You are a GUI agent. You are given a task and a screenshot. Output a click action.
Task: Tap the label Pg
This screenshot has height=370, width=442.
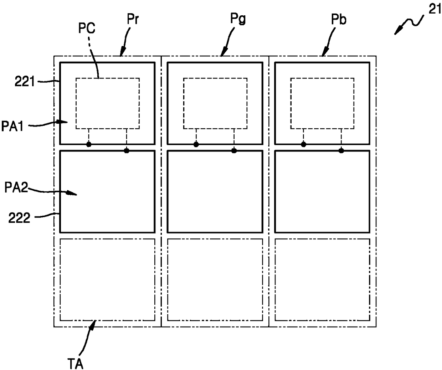238,18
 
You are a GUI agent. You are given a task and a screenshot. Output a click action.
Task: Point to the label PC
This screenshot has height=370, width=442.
87,28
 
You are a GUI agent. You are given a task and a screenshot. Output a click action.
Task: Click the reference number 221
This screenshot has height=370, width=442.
25,82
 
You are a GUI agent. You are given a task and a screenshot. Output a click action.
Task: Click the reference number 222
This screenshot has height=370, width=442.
20,217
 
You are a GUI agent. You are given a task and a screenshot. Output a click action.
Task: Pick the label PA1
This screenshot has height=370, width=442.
12,126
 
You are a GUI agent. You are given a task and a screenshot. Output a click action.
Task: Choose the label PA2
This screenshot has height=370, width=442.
16,187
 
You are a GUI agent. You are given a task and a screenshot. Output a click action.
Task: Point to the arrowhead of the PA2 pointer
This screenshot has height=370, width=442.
73,194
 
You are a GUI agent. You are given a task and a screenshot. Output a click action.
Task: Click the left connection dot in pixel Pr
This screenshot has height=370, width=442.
89,144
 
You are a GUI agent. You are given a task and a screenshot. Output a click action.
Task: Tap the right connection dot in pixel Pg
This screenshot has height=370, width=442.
234,151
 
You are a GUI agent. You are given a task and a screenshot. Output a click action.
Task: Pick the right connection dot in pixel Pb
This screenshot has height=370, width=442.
341,151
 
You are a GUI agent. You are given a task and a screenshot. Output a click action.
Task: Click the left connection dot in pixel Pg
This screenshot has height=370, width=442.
196,144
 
